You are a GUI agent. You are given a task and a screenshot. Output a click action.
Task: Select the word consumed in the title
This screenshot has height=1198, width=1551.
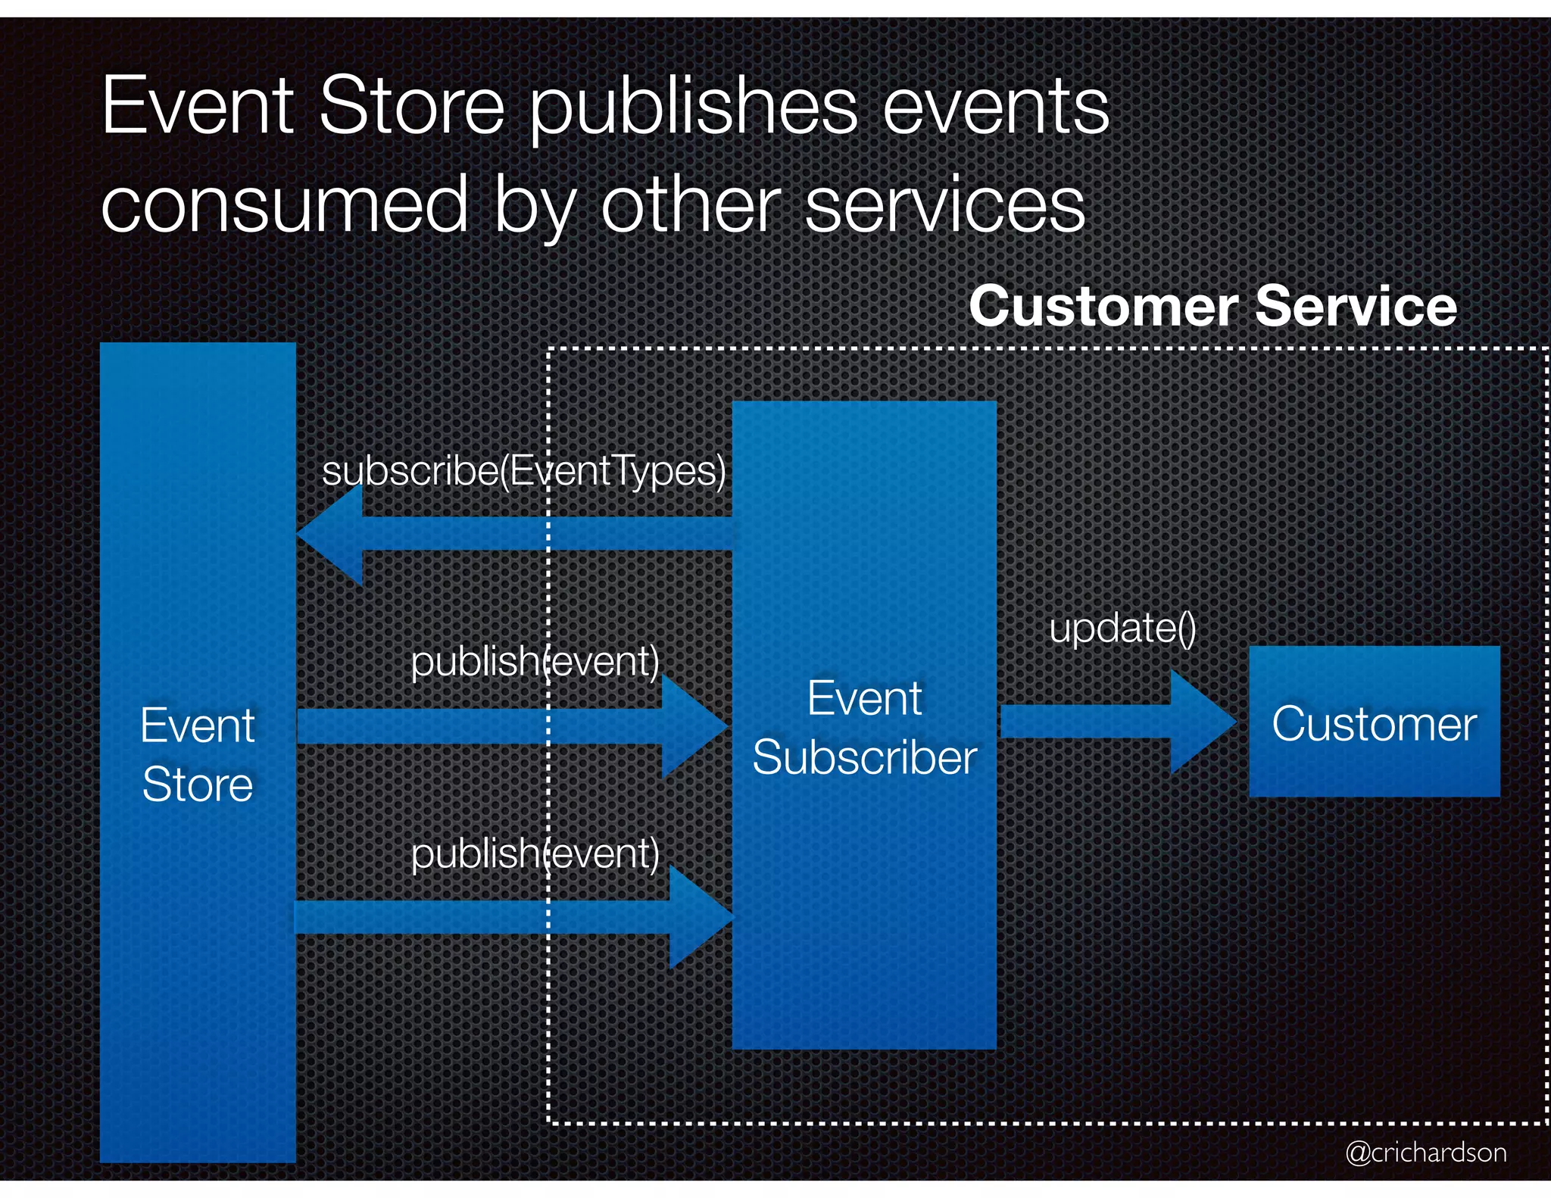pos(284,204)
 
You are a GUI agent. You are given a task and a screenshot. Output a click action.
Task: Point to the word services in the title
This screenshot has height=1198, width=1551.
pos(944,204)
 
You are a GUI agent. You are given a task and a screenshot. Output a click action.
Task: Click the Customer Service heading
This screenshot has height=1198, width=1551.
pos(1212,306)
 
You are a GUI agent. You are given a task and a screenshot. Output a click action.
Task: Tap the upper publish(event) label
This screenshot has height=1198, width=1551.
pos(535,661)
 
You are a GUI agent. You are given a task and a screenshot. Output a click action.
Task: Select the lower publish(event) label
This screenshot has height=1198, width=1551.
pos(535,853)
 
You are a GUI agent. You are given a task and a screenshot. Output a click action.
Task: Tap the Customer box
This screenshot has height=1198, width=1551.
pos(1374,722)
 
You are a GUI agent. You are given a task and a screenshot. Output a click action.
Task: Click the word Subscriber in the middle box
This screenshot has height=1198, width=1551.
pos(864,757)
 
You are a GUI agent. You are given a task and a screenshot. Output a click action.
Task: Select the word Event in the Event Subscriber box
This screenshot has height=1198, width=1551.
pos(864,698)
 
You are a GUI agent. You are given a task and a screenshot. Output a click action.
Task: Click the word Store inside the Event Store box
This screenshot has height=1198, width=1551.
pos(198,785)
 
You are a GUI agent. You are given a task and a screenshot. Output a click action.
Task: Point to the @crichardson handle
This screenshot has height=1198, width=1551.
pos(1425,1153)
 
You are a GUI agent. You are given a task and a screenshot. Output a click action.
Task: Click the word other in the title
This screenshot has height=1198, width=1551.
pos(690,204)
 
